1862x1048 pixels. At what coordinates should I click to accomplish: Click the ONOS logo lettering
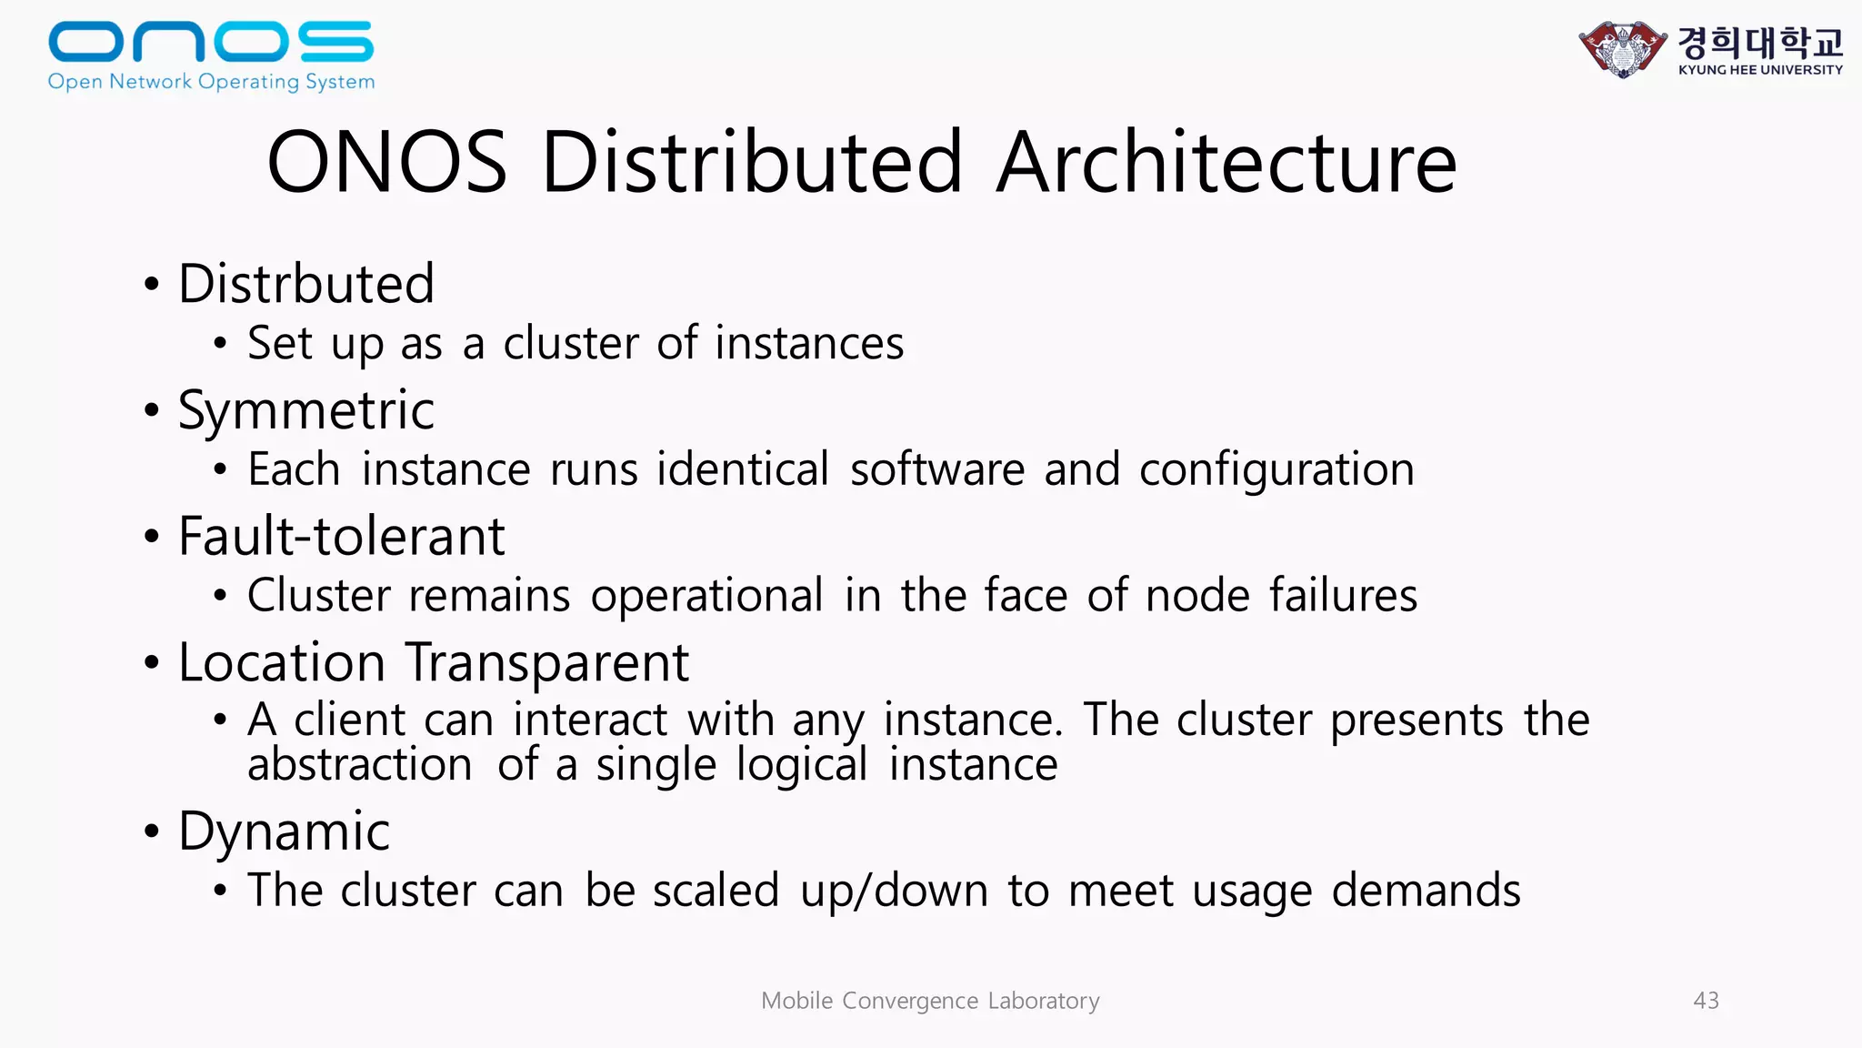coord(211,42)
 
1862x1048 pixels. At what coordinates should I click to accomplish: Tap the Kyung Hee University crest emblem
coord(1622,48)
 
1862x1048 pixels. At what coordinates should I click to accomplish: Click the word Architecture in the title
coord(1226,163)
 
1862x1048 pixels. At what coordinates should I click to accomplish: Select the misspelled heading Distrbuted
coord(306,283)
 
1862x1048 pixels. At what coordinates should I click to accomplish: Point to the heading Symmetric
coord(306,410)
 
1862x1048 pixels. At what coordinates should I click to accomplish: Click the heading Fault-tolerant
coord(341,536)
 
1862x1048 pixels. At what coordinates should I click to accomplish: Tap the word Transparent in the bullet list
coord(546,662)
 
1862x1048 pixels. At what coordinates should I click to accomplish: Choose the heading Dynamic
coord(285,831)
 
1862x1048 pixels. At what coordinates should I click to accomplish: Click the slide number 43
coord(1706,1001)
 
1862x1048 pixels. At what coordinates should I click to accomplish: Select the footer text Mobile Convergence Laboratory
coord(930,1001)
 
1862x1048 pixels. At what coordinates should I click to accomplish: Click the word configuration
coord(1276,470)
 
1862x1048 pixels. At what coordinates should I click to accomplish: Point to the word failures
coord(1343,596)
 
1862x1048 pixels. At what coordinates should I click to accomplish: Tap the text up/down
coord(894,891)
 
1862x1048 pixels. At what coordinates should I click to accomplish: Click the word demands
coord(1426,891)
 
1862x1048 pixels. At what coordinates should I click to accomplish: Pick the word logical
coord(801,765)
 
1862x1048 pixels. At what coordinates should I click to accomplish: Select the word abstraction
coord(359,765)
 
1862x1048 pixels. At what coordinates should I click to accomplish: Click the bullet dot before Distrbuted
coord(152,285)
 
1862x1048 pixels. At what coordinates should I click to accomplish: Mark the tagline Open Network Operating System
coord(211,82)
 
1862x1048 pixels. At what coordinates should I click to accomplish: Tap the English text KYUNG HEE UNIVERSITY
coord(1760,70)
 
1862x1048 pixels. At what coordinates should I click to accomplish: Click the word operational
coord(706,596)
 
